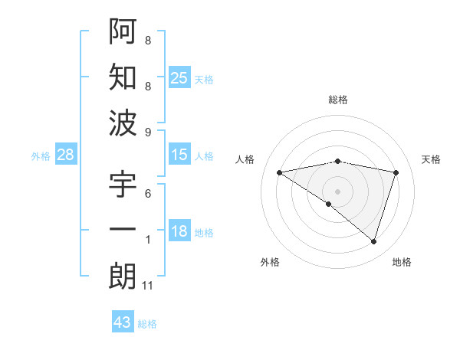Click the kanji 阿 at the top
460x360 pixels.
[123, 31]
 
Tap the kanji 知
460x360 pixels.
[123, 78]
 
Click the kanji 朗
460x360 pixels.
[123, 277]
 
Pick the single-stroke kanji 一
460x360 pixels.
[123, 231]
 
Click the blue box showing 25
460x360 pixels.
[179, 77]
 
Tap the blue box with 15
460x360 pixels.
[179, 155]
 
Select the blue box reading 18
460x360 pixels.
[179, 231]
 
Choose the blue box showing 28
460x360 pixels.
[66, 155]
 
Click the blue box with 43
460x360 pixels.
[122, 322]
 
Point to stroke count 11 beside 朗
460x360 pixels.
[148, 286]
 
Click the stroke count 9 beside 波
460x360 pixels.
[147, 132]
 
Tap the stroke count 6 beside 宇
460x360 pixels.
[147, 193]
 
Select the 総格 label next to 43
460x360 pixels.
[147, 324]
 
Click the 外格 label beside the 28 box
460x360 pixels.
[41, 156]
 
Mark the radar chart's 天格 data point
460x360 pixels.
[396, 172]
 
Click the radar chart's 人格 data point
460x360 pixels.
[279, 172]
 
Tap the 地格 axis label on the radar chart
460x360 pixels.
[402, 262]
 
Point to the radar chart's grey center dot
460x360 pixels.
[337, 191]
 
